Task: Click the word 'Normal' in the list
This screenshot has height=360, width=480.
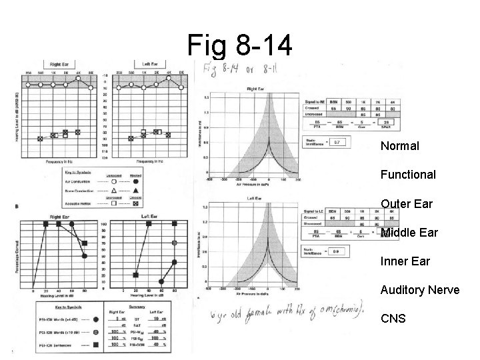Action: point(399,145)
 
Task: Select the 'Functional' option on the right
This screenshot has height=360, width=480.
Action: point(408,175)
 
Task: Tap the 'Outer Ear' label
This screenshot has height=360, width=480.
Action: point(406,204)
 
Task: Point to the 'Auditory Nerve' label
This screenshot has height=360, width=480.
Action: point(419,290)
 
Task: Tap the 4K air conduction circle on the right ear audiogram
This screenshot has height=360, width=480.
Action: point(78,78)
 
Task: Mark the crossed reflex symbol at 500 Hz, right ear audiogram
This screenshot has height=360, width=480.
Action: point(40,139)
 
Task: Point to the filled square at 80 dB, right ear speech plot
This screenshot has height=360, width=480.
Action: point(85,243)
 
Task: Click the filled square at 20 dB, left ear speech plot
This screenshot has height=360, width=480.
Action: point(136,275)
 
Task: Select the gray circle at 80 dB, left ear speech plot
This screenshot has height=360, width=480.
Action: point(175,243)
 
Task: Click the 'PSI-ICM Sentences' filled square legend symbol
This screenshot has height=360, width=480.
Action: point(98,345)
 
